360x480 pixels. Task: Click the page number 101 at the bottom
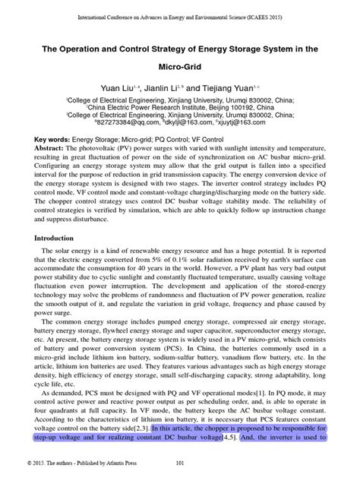pyautogui.click(x=180, y=463)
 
